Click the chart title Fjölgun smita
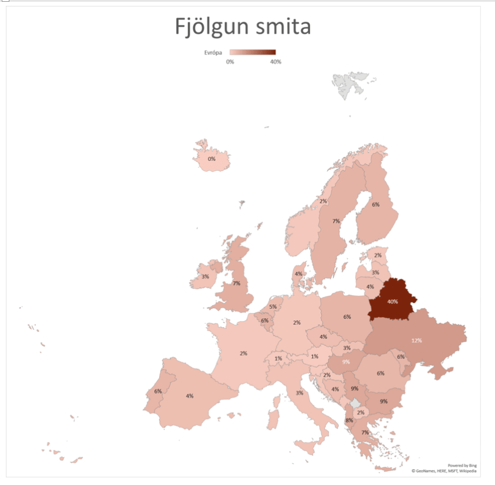[x=242, y=27]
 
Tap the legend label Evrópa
[x=213, y=52]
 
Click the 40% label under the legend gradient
[x=275, y=61]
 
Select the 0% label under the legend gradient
[x=230, y=61]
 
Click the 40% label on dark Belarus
[x=392, y=301]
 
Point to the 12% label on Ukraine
[x=417, y=341]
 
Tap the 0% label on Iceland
[x=212, y=159]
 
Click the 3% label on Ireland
[x=205, y=276]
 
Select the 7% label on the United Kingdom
[x=236, y=283]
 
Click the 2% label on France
[x=243, y=353]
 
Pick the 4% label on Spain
[x=190, y=395]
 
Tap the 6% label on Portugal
[x=158, y=391]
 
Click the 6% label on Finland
[x=375, y=204]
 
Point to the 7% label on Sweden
[x=336, y=221]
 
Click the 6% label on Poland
[x=347, y=316]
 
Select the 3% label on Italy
[x=299, y=393]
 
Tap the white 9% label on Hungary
[x=346, y=362]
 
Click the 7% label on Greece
[x=365, y=433]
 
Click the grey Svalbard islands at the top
[x=351, y=82]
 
